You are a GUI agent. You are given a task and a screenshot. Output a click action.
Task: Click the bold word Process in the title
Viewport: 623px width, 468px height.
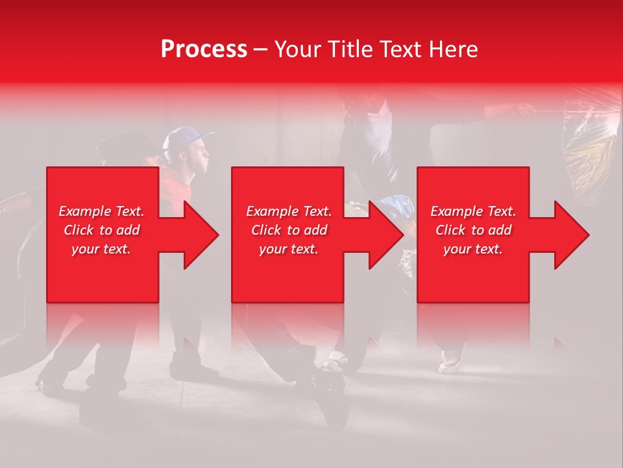tap(204, 49)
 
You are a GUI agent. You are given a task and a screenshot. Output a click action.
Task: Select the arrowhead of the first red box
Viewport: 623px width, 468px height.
tap(201, 235)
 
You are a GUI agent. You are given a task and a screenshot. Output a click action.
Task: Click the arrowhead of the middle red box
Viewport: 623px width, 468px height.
tap(386, 235)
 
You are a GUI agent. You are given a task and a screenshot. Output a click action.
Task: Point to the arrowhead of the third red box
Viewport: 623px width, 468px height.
tap(572, 235)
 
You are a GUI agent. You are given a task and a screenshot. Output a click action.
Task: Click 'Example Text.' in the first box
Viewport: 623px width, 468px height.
tap(102, 211)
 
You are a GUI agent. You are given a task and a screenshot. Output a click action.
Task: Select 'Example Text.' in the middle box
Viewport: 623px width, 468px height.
tap(289, 211)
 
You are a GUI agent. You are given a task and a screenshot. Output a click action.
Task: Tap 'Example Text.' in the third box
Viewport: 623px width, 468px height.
tap(473, 211)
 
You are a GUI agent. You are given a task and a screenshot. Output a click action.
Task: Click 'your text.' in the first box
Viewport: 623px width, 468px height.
tap(101, 249)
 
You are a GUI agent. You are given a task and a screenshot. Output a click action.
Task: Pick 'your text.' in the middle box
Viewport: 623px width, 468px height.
tap(289, 249)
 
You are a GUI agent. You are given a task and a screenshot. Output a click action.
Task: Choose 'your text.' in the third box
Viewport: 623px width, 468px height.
tap(473, 249)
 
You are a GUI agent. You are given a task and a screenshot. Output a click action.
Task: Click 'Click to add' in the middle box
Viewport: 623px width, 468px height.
tap(289, 230)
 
